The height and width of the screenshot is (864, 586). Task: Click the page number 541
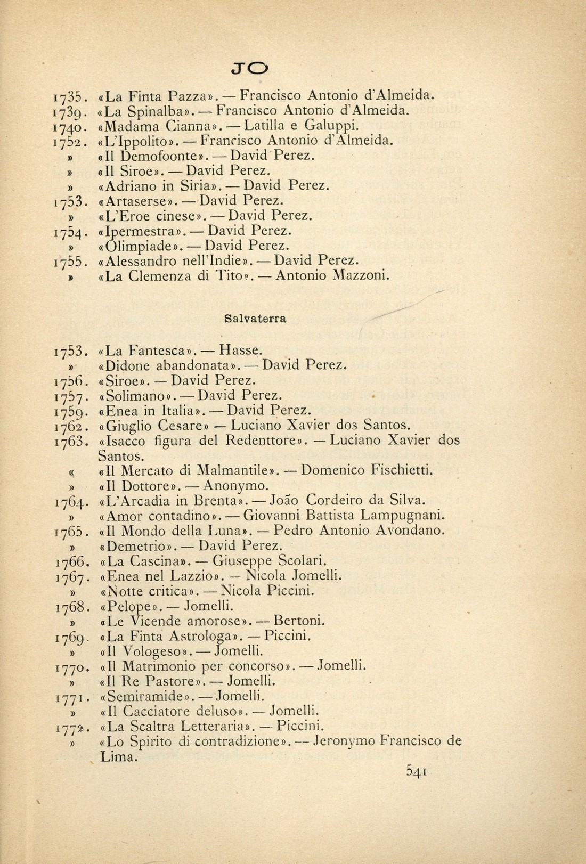point(418,772)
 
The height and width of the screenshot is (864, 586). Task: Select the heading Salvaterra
point(255,319)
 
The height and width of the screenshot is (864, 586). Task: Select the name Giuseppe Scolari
point(270,560)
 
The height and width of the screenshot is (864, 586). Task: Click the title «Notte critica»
point(150,591)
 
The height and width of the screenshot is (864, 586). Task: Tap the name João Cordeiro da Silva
point(348,501)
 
